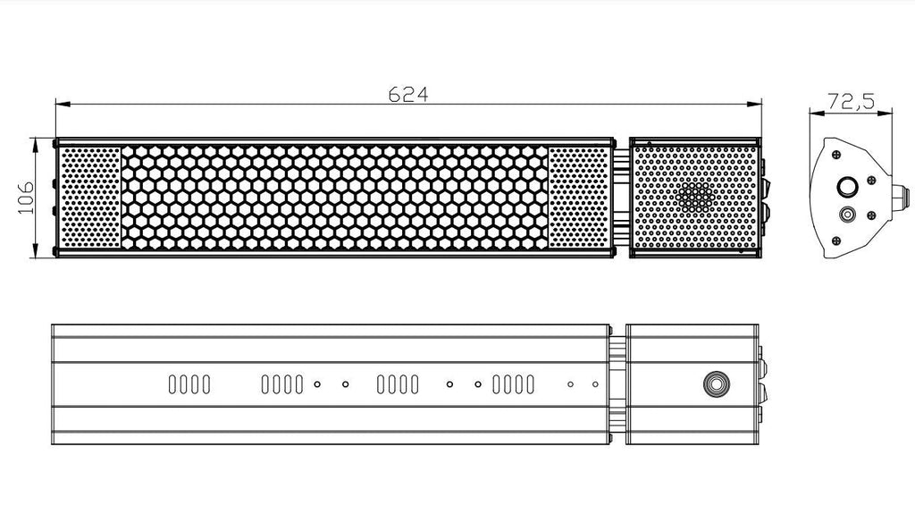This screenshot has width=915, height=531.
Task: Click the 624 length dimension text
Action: point(408,94)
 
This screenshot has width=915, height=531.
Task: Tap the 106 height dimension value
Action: point(26,198)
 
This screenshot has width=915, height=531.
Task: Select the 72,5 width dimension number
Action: point(852,102)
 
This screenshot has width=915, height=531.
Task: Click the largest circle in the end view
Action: point(847,188)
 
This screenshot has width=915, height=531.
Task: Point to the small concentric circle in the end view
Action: point(846,215)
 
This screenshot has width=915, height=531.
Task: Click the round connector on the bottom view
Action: point(717,384)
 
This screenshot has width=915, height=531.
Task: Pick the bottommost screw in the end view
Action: point(836,240)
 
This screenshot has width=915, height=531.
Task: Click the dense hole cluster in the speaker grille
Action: point(695,197)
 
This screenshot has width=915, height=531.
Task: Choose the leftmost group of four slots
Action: point(189,384)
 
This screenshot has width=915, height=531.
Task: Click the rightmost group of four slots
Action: point(514,384)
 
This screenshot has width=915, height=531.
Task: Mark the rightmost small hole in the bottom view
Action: point(595,384)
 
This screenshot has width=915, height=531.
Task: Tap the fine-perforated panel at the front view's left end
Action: point(90,198)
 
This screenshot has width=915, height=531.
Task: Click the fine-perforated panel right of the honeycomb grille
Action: point(579,198)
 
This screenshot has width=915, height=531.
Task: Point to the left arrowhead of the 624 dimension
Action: point(63,104)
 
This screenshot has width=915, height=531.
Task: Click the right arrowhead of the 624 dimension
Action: point(754,104)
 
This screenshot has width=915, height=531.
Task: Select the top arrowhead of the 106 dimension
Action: point(36,145)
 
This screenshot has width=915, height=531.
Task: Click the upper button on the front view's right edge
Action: point(765,187)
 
